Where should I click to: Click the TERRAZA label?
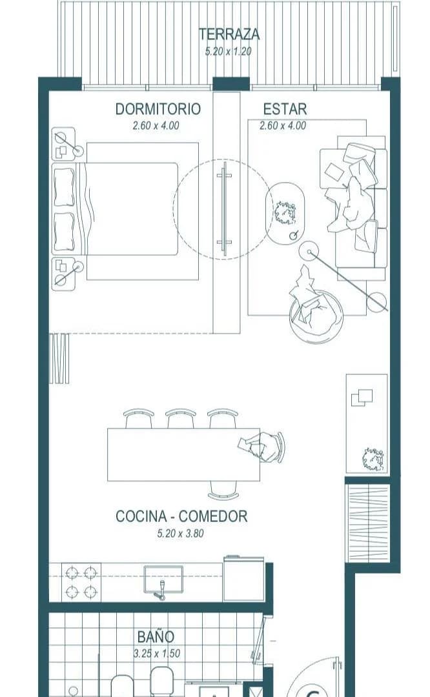(x=229, y=34)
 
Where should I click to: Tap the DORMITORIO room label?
(x=158, y=109)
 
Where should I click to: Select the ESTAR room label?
(x=285, y=109)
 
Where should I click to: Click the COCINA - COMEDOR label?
(x=181, y=516)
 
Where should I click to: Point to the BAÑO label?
(x=156, y=637)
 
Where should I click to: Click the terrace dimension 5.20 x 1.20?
(x=228, y=52)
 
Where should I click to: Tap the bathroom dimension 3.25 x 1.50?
(x=156, y=653)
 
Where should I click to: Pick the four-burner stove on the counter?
(x=81, y=582)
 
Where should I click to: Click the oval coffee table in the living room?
(x=285, y=212)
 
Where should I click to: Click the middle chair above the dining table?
(x=181, y=418)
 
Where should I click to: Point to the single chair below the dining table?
(x=223, y=490)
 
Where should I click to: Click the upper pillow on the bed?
(x=64, y=187)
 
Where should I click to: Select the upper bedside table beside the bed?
(x=63, y=144)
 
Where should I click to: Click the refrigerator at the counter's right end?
(x=244, y=578)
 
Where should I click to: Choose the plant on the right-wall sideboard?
(x=373, y=459)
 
